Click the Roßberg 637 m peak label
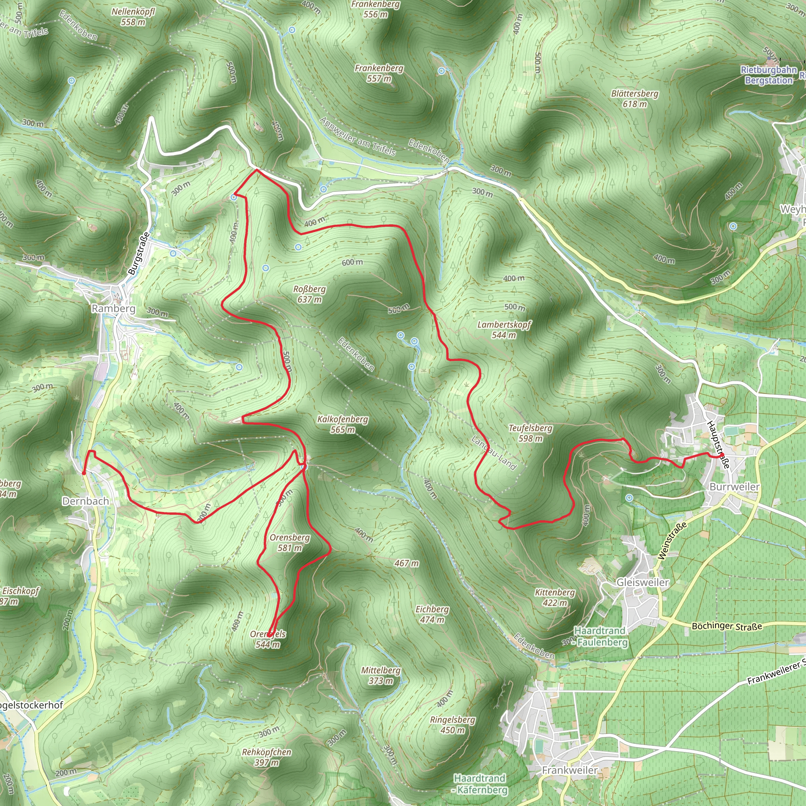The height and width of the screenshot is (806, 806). tap(309, 294)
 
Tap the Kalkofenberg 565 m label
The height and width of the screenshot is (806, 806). tap(342, 424)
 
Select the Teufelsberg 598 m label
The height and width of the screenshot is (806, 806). tap(530, 433)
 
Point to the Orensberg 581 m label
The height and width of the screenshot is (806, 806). tap(290, 542)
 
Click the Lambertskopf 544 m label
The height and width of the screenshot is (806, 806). tap(504, 329)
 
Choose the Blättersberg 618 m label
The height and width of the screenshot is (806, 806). tap(634, 98)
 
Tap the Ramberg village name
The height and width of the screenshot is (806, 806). tap(113, 309)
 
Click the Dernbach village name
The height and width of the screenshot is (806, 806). tap(85, 501)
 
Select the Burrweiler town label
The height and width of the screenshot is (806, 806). tap(734, 487)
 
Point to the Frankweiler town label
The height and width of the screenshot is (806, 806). tap(569, 770)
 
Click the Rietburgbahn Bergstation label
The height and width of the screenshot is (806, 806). tap(769, 75)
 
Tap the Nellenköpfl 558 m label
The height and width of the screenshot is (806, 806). tap(133, 17)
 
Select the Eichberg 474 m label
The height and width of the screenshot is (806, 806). tap(432, 614)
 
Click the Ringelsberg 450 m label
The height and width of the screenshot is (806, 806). tap(453, 725)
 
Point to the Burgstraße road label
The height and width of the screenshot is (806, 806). tap(139, 253)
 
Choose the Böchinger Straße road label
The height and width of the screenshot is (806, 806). tap(727, 626)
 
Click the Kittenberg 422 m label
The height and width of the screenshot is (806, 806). tap(555, 597)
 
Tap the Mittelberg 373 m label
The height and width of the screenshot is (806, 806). tap(381, 675)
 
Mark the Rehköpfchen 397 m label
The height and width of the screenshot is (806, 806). tap(266, 757)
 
